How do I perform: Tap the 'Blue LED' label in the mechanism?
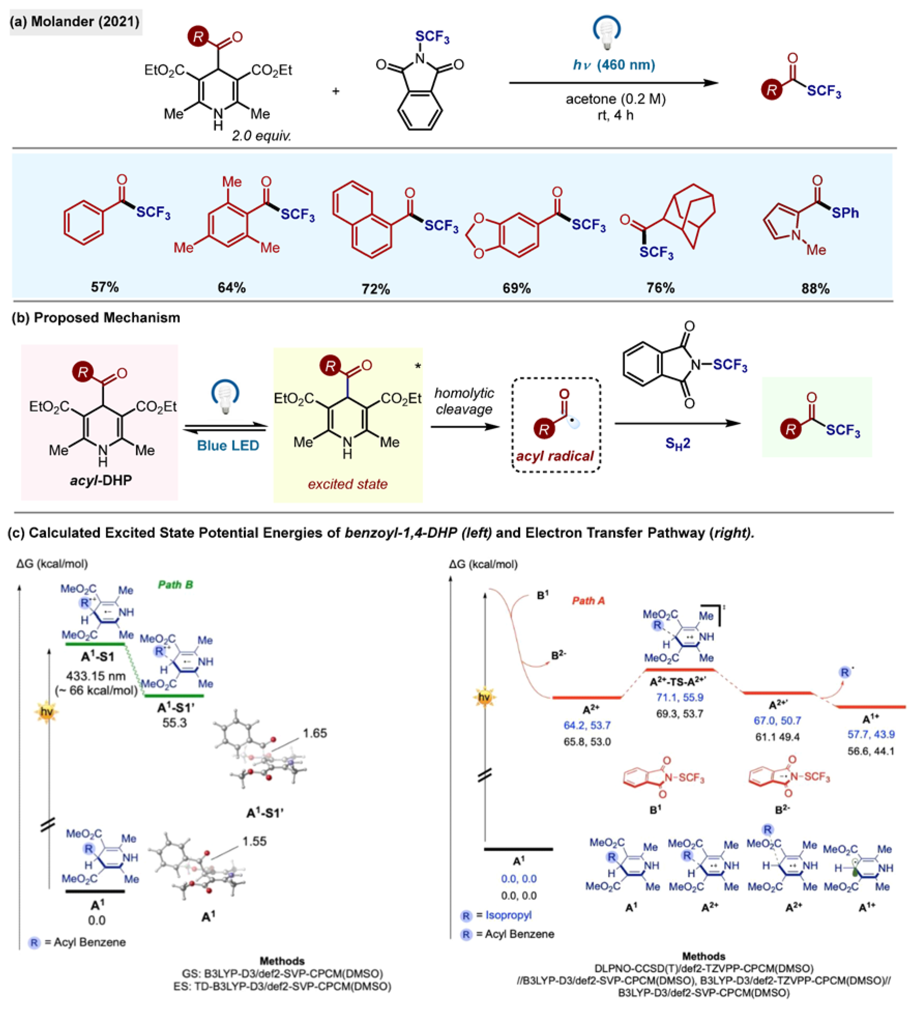(228, 446)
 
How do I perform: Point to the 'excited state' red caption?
(347, 484)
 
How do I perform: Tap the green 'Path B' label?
(175, 585)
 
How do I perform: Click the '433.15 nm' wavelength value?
(96, 676)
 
